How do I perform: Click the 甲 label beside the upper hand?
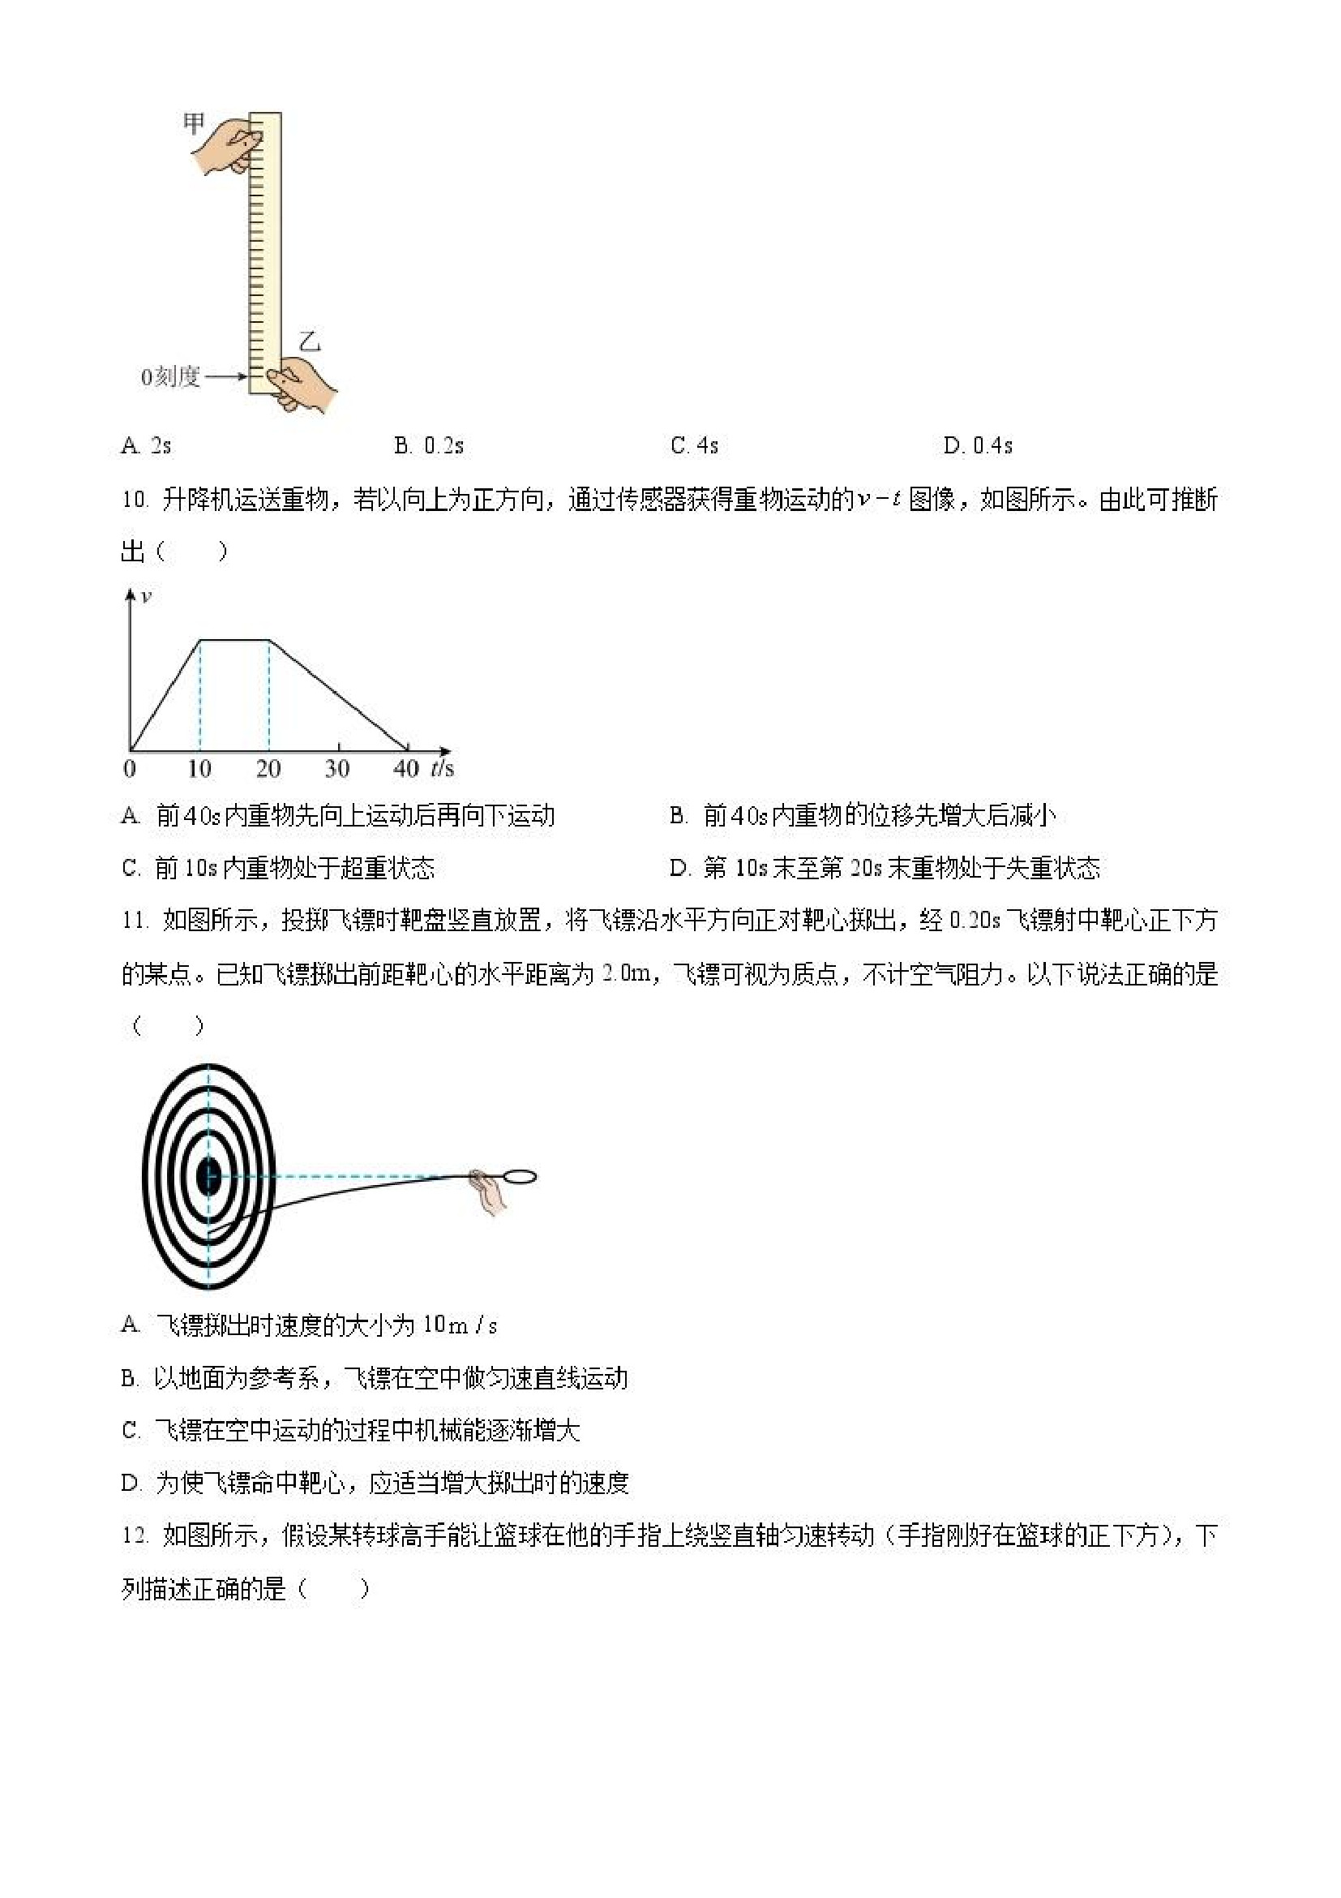pyautogui.click(x=193, y=124)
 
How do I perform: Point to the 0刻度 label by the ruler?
pyautogui.click(x=170, y=378)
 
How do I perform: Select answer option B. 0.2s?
pyautogui.click(x=429, y=446)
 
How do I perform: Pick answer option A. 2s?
pyautogui.click(x=146, y=446)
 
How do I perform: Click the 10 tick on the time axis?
pyautogui.click(x=199, y=769)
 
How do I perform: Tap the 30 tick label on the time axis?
pyautogui.click(x=336, y=769)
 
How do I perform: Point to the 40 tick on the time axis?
pyautogui.click(x=405, y=769)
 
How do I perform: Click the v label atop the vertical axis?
pyautogui.click(x=146, y=596)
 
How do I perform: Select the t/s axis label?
pyautogui.click(x=442, y=769)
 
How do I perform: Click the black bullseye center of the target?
pyautogui.click(x=208, y=1176)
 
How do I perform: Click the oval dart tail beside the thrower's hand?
pyautogui.click(x=519, y=1175)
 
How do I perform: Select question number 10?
pyautogui.click(x=134, y=500)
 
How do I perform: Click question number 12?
pyautogui.click(x=134, y=1536)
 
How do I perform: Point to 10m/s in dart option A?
pyautogui.click(x=460, y=1326)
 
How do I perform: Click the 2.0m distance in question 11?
pyautogui.click(x=625, y=974)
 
